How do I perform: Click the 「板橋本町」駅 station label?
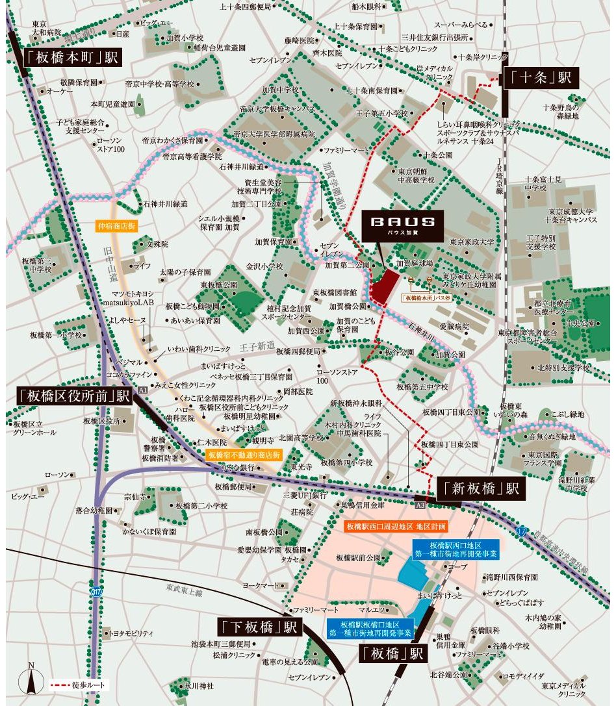click(x=72, y=58)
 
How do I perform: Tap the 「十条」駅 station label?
click(x=540, y=78)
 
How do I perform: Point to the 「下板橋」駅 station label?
click(x=257, y=627)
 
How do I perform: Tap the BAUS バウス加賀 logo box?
click(x=403, y=225)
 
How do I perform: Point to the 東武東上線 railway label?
click(x=183, y=592)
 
